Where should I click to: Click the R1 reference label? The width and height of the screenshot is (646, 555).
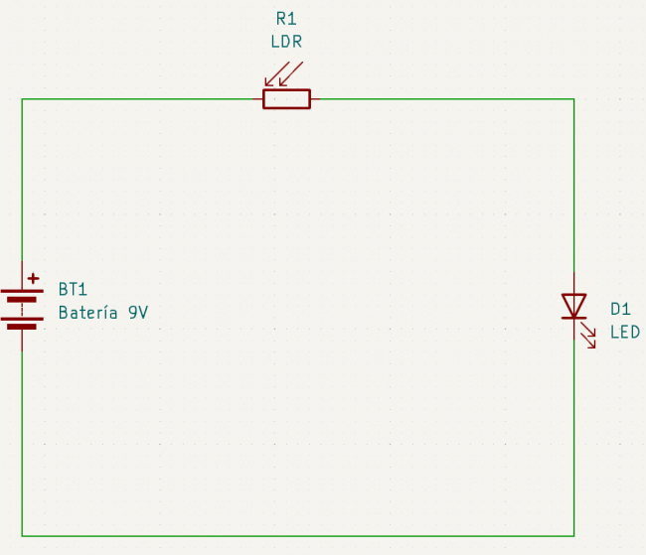point(286,19)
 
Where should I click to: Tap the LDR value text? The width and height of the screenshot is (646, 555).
point(286,42)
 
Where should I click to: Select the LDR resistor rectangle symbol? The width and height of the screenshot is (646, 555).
point(286,98)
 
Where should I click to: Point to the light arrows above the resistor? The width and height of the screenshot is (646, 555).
point(282,74)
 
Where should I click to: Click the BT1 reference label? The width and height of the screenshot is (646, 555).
point(73,290)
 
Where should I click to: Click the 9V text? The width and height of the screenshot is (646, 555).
point(138,313)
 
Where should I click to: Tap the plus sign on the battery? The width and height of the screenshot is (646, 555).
point(34,279)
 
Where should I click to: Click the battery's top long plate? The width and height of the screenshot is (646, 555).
point(21,294)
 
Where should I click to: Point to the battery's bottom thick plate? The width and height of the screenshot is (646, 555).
point(21,326)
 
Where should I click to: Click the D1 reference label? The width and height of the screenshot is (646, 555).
point(620,309)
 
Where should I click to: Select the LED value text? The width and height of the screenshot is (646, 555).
point(625,332)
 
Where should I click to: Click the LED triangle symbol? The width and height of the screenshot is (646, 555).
point(573,306)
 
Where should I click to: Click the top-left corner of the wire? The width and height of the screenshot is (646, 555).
point(22,99)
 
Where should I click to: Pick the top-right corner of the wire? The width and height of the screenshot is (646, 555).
point(573,99)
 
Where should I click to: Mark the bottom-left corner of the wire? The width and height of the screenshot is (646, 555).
point(22,536)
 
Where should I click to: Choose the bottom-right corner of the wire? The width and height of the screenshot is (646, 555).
point(573,536)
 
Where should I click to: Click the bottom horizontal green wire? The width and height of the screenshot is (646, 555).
point(298,536)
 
